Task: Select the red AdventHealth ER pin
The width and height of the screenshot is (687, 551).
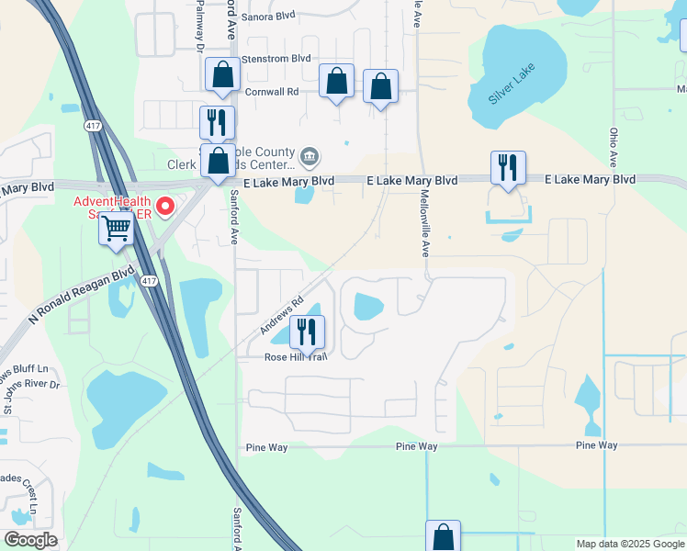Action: click(x=165, y=206)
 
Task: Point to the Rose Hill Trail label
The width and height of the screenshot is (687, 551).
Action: click(x=295, y=356)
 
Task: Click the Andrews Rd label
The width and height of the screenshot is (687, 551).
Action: click(x=282, y=315)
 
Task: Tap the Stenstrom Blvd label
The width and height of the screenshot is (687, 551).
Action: click(x=276, y=58)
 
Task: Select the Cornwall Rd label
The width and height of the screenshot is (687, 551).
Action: click(x=272, y=92)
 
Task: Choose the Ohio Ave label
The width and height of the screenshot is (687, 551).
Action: click(x=614, y=146)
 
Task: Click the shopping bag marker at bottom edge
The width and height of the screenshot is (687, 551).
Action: click(x=443, y=535)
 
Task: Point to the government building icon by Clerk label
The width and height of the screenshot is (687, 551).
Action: click(x=310, y=158)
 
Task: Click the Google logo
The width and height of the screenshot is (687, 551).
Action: click(x=31, y=540)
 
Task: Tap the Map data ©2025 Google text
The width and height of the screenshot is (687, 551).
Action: click(x=629, y=544)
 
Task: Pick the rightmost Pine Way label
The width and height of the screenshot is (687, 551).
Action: click(x=596, y=445)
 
